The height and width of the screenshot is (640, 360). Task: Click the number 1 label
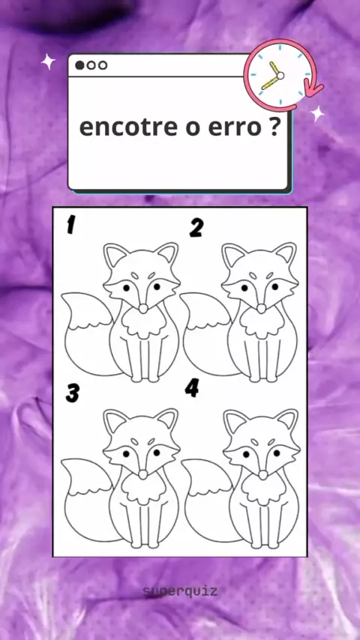click(x=71, y=225)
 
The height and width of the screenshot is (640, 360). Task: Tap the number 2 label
click(x=196, y=228)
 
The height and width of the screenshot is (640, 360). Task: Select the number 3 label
click(x=72, y=393)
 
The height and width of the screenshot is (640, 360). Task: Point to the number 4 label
click(x=192, y=387)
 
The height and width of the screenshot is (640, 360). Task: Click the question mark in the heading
click(x=274, y=127)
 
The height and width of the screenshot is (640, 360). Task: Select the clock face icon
click(x=280, y=75)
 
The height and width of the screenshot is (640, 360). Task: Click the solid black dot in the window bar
click(x=79, y=65)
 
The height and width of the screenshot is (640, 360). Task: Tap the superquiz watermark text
click(x=180, y=591)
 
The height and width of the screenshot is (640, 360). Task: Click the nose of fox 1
click(x=143, y=309)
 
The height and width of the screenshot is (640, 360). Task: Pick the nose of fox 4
click(x=263, y=474)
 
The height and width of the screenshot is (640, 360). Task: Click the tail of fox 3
click(x=87, y=500)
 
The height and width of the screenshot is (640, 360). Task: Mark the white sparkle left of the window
click(x=48, y=61)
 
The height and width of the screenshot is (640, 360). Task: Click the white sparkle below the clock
click(x=317, y=113)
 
